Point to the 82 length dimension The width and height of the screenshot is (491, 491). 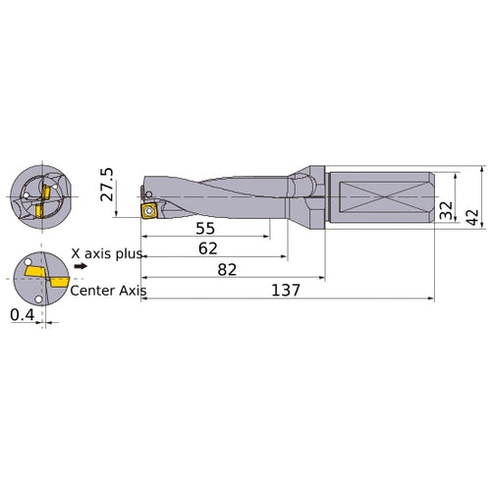click(227, 269)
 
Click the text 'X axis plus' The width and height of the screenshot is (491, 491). click(106, 253)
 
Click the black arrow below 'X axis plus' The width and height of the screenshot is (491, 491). click(81, 265)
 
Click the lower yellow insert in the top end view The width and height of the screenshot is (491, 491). click(40, 211)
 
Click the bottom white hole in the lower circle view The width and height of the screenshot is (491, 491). click(37, 299)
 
